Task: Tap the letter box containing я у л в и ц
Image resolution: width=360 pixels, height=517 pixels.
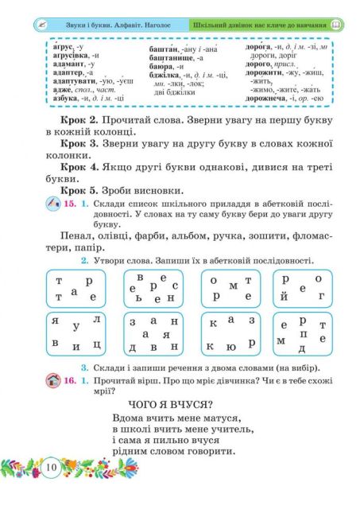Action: pyautogui.click(x=75, y=333)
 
